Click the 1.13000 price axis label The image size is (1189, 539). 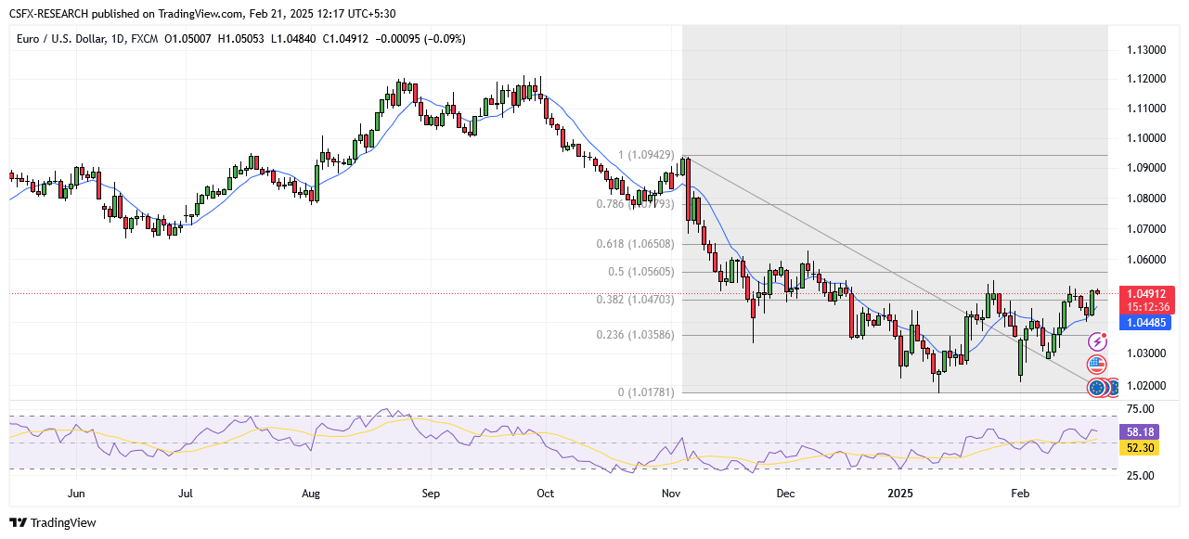coord(1146,49)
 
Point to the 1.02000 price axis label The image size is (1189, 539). coord(1146,385)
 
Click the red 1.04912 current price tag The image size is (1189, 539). coord(1148,293)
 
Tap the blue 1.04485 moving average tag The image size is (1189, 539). coord(1148,323)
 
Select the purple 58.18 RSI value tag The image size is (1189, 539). coord(1140,432)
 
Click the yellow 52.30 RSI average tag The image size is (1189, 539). coord(1140,448)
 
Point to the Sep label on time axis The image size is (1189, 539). coord(431,494)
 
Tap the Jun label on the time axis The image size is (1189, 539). coord(76,494)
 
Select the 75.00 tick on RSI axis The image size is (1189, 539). coord(1140,408)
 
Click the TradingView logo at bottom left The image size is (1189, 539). coord(53,522)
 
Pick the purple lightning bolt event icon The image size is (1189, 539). coord(1097,342)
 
